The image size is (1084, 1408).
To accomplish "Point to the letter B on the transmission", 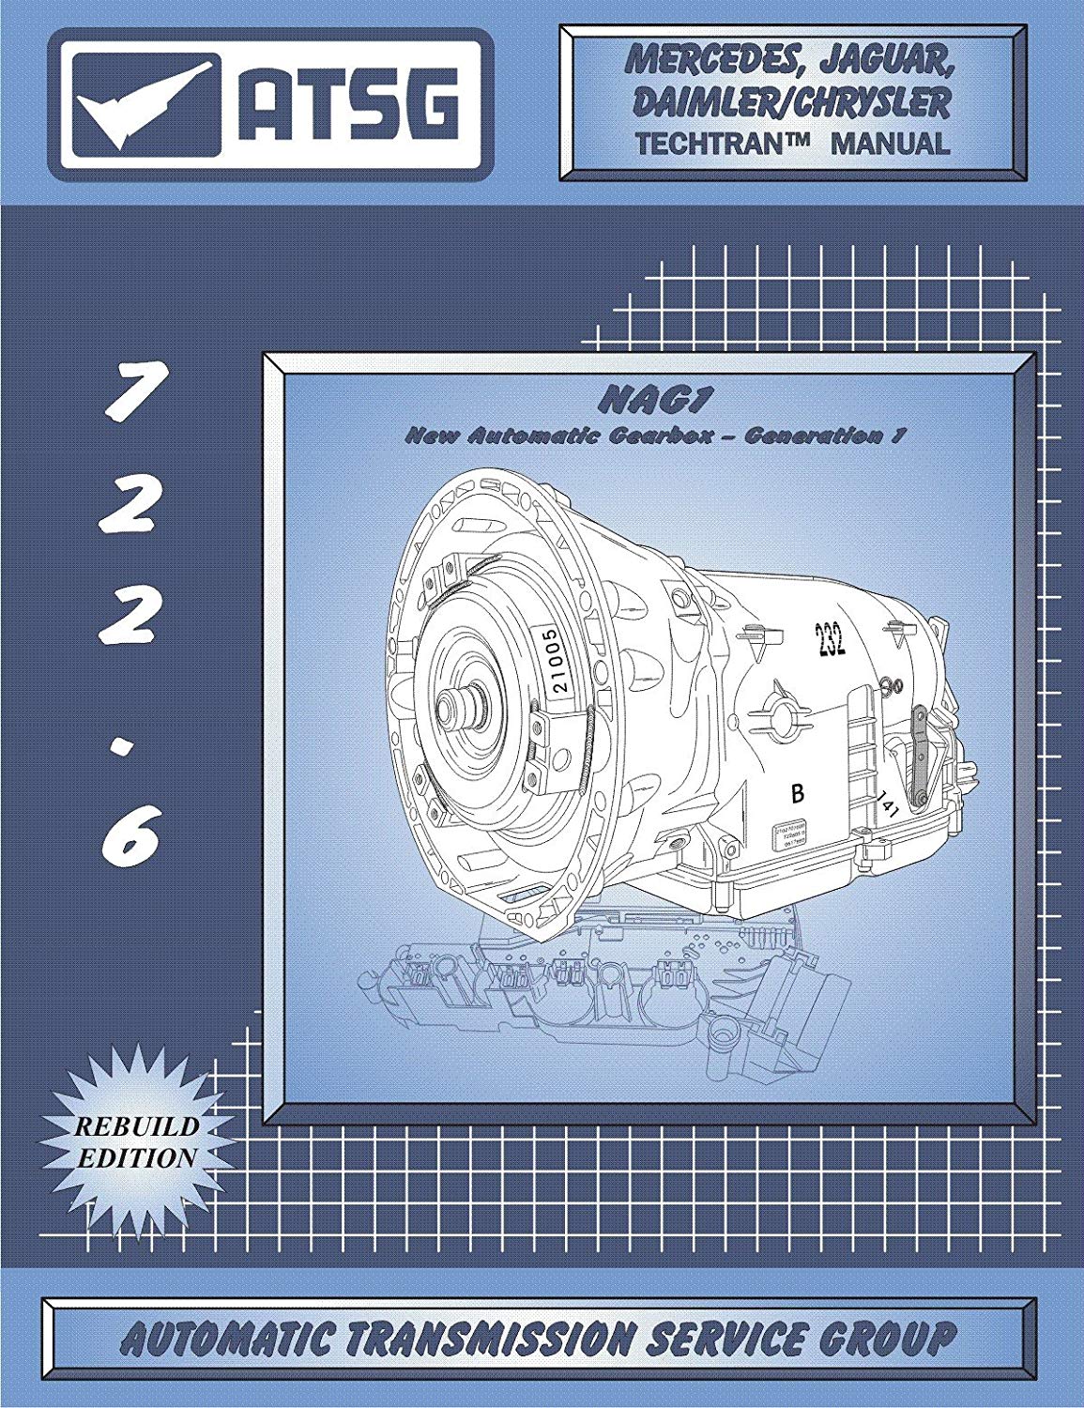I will pyautogui.click(x=798, y=794).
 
